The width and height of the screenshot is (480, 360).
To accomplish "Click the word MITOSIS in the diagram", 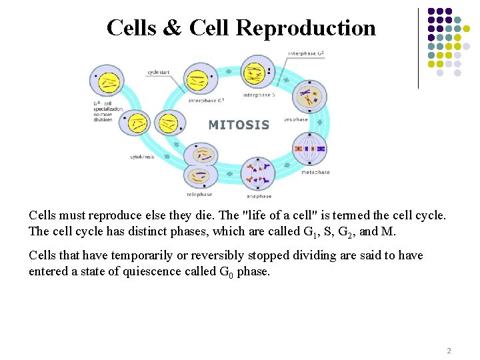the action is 239,125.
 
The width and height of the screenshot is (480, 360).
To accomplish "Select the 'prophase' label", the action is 295,120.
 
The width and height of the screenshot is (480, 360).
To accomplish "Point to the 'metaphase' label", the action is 315,172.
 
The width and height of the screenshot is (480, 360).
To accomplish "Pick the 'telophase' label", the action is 199,194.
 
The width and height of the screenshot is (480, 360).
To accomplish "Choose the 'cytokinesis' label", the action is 142,157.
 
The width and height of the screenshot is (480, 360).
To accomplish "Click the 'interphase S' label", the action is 259,95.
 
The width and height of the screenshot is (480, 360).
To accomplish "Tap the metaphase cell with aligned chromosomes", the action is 309,148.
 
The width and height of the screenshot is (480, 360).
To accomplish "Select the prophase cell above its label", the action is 308,99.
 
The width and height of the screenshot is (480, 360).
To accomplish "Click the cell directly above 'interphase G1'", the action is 197,79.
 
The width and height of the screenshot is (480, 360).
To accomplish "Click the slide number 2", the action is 449,351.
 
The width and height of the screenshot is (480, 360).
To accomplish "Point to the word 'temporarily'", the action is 131,255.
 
